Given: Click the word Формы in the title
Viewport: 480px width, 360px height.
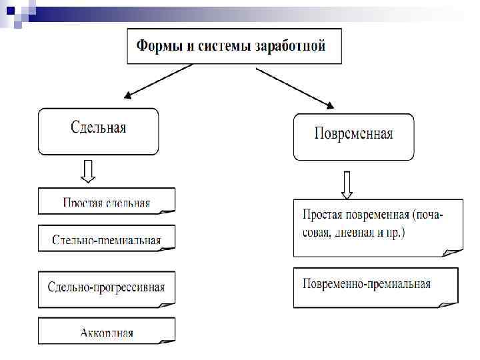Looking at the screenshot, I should pos(158,47).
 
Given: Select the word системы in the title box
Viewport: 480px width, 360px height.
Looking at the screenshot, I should pos(220,47).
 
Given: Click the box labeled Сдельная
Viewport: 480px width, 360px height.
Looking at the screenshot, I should pos(98,131).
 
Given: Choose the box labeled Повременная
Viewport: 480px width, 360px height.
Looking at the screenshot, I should pos(353,137).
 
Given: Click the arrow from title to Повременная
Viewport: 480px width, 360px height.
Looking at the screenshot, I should pos(295,86).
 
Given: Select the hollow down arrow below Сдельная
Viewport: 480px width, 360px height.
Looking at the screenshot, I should pos(87,171).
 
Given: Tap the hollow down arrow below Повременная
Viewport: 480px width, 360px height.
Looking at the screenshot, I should pos(347,184).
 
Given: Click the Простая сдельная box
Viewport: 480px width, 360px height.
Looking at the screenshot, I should pos(106,201).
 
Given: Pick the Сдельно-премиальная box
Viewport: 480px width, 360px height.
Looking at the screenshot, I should pos(106,238).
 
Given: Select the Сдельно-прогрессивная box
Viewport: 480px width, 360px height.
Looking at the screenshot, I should pos(106,288).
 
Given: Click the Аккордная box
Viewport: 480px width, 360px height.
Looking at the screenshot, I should pos(106,330).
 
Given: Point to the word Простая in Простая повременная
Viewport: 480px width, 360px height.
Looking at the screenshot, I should pos(323,215).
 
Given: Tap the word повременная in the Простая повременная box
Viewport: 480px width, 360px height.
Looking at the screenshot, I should pos(377,215).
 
